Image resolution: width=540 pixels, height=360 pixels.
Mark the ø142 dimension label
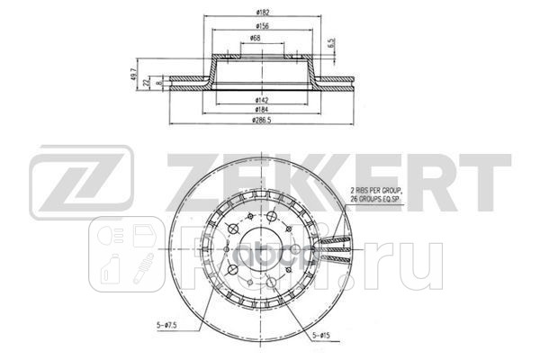[262, 99]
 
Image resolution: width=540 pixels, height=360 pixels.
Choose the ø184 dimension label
[262, 109]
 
